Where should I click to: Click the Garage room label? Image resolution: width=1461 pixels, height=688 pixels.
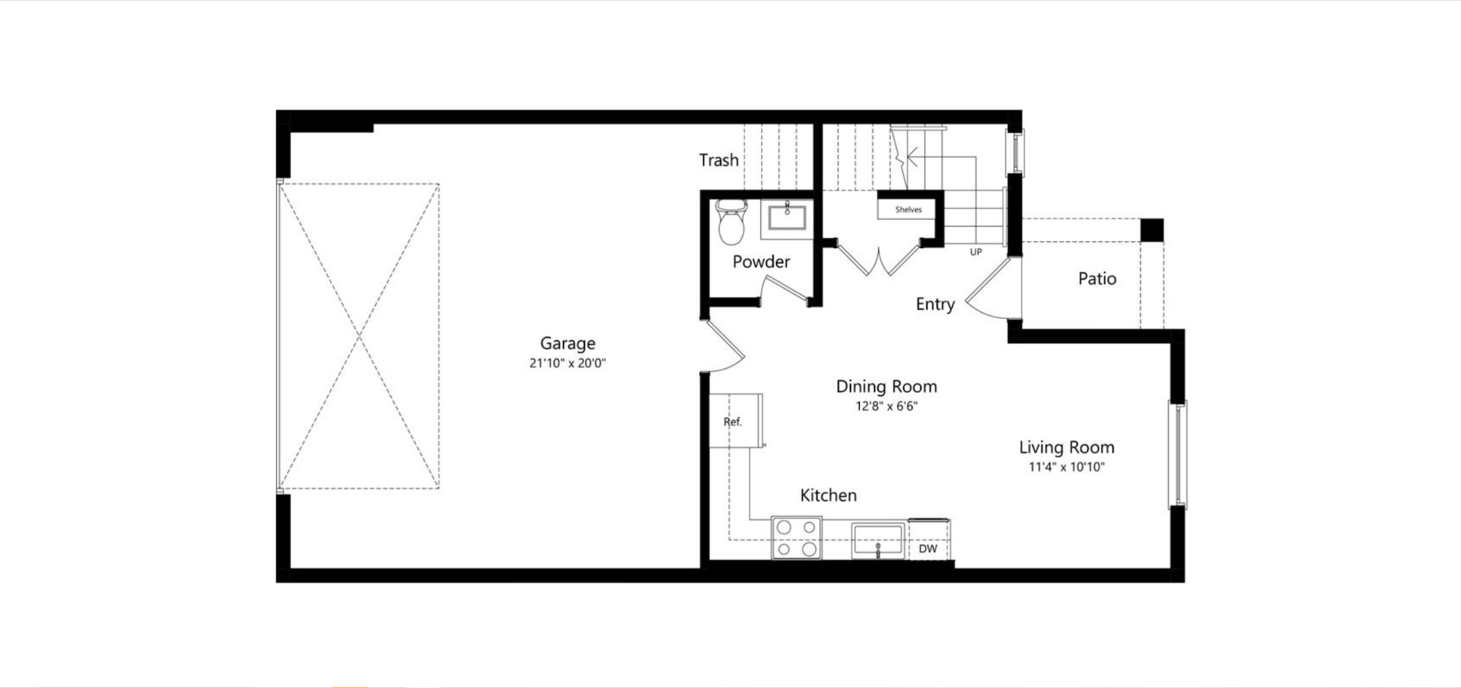point(568,344)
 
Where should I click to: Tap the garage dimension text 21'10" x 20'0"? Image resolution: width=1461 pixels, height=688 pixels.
point(568,364)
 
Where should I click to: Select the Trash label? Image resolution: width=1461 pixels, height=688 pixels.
point(719,161)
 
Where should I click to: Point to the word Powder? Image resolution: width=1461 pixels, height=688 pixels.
point(761,262)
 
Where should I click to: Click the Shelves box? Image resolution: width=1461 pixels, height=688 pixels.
point(908,209)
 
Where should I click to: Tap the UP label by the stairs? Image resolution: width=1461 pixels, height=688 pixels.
point(976,252)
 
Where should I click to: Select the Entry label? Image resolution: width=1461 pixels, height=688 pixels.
point(935,304)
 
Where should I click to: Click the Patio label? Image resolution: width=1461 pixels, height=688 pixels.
point(1097,279)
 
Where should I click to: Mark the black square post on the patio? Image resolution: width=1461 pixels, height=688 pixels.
point(1152,230)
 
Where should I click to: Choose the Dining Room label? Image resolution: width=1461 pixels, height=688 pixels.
point(886,387)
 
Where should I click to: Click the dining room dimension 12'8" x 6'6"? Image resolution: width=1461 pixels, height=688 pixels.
point(886,406)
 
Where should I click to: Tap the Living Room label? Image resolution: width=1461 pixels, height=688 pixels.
point(1067,448)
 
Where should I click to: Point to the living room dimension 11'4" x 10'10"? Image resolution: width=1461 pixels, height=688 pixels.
point(1067,467)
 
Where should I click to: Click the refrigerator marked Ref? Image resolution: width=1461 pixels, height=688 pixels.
point(735,421)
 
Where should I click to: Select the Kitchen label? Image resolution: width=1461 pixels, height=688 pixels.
point(829,495)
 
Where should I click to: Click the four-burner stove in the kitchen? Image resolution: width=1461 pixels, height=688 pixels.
point(797,538)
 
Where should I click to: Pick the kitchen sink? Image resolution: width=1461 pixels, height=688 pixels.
point(877,539)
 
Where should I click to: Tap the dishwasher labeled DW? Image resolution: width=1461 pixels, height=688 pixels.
point(928,549)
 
